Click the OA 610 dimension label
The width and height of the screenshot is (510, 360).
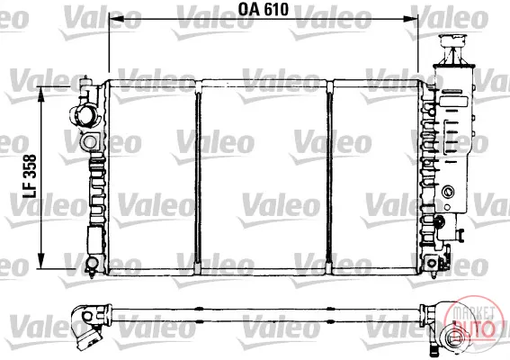pos(264,9)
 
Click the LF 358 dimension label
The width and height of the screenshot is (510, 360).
pos(30,176)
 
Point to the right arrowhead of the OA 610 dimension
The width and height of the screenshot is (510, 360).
pos(410,19)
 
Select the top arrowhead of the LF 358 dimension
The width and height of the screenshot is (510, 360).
pos(41,94)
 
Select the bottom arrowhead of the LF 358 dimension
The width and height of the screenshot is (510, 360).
pos(41,261)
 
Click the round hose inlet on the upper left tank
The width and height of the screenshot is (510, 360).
pos(84,116)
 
